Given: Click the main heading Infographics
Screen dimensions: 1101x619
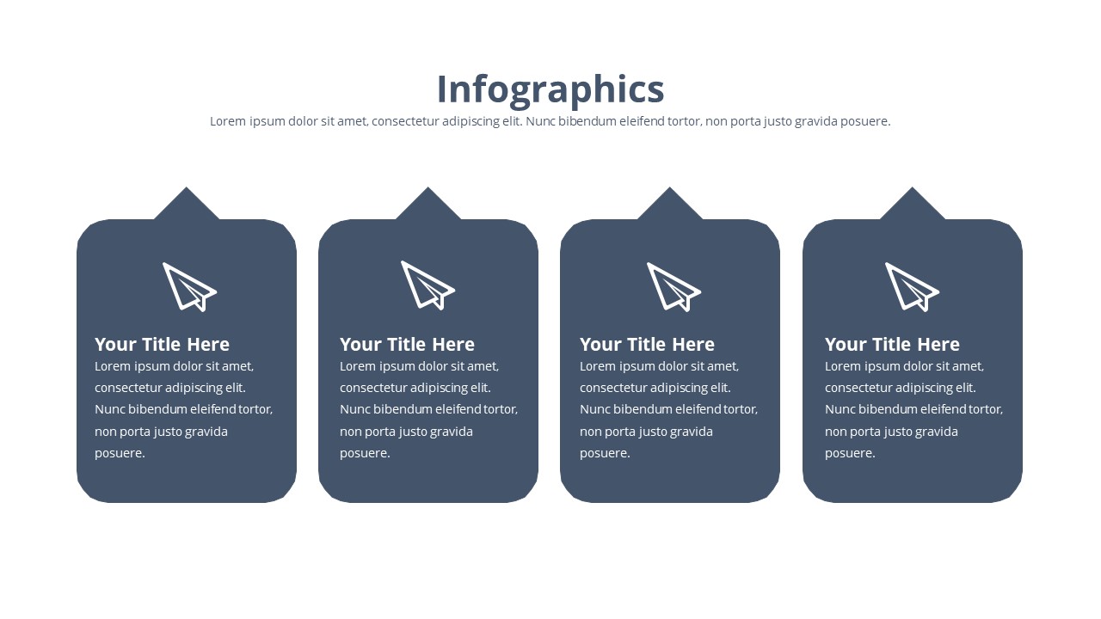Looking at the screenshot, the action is (550, 90).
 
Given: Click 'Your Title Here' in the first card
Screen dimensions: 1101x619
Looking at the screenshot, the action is (163, 345).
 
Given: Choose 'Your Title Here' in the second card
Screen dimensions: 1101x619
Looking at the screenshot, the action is (407, 345).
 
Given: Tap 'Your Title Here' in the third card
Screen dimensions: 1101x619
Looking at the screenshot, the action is (647, 345).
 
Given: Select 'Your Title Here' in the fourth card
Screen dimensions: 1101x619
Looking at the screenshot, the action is (892, 345).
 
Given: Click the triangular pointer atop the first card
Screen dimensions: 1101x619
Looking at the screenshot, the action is (187, 206).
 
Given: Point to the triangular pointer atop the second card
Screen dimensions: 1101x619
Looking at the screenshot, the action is (428, 206).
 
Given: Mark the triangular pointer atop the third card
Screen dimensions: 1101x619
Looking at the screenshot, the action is (669, 206).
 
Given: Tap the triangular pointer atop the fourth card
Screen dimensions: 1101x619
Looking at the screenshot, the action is (913, 206).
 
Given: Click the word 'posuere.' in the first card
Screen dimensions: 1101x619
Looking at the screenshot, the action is (120, 453).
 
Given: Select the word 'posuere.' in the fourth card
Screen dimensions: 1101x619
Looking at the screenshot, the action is (850, 453).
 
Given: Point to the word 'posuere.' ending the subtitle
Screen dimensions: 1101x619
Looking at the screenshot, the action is (865, 122).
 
